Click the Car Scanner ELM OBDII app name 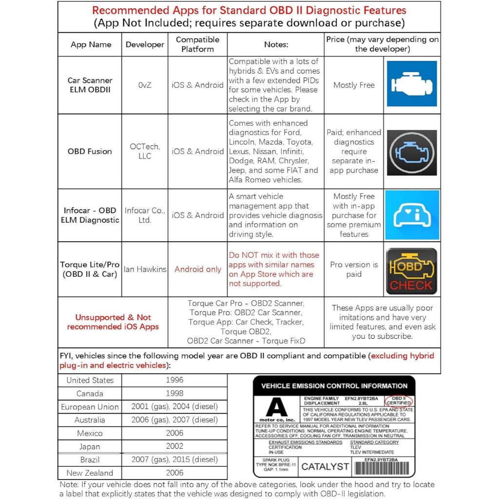click(90, 85)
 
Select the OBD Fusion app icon click(411, 152)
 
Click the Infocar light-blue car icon click(411, 215)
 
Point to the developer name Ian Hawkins click(145, 269)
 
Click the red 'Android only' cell click(197, 269)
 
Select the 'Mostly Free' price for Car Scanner click(354, 85)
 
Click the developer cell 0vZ click(145, 85)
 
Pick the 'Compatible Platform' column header click(197, 44)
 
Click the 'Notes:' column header click(276, 44)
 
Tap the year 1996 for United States click(174, 380)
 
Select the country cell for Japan click(90, 446)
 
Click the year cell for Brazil click(174, 460)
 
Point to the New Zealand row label click(90, 473)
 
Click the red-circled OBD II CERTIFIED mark click(398, 401)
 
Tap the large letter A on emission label click(276, 406)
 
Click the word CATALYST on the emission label click(325, 466)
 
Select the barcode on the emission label click(382, 468)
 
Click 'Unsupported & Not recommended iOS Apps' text click(113, 322)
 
